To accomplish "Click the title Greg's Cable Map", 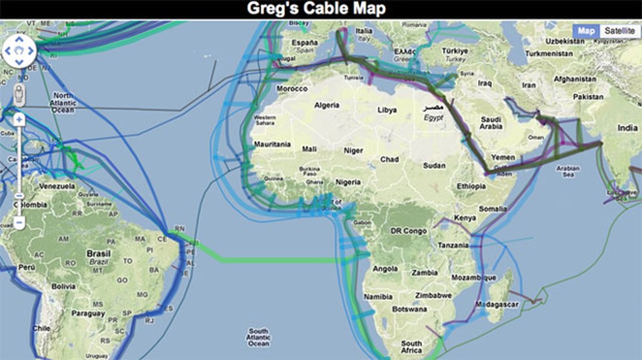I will pos(320,9).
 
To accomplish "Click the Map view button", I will pos(587,31).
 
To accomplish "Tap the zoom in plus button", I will pos(20,119).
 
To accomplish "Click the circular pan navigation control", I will pos(20,51).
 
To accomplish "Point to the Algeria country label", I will pos(328,104).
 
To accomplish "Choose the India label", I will pos(627,128).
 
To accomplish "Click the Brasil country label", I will pos(99,253).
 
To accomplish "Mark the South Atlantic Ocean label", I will pos(258,337).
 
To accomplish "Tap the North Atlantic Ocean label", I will pos(64,103).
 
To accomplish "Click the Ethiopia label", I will pos(471,186).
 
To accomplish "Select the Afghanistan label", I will pos(572,79).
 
